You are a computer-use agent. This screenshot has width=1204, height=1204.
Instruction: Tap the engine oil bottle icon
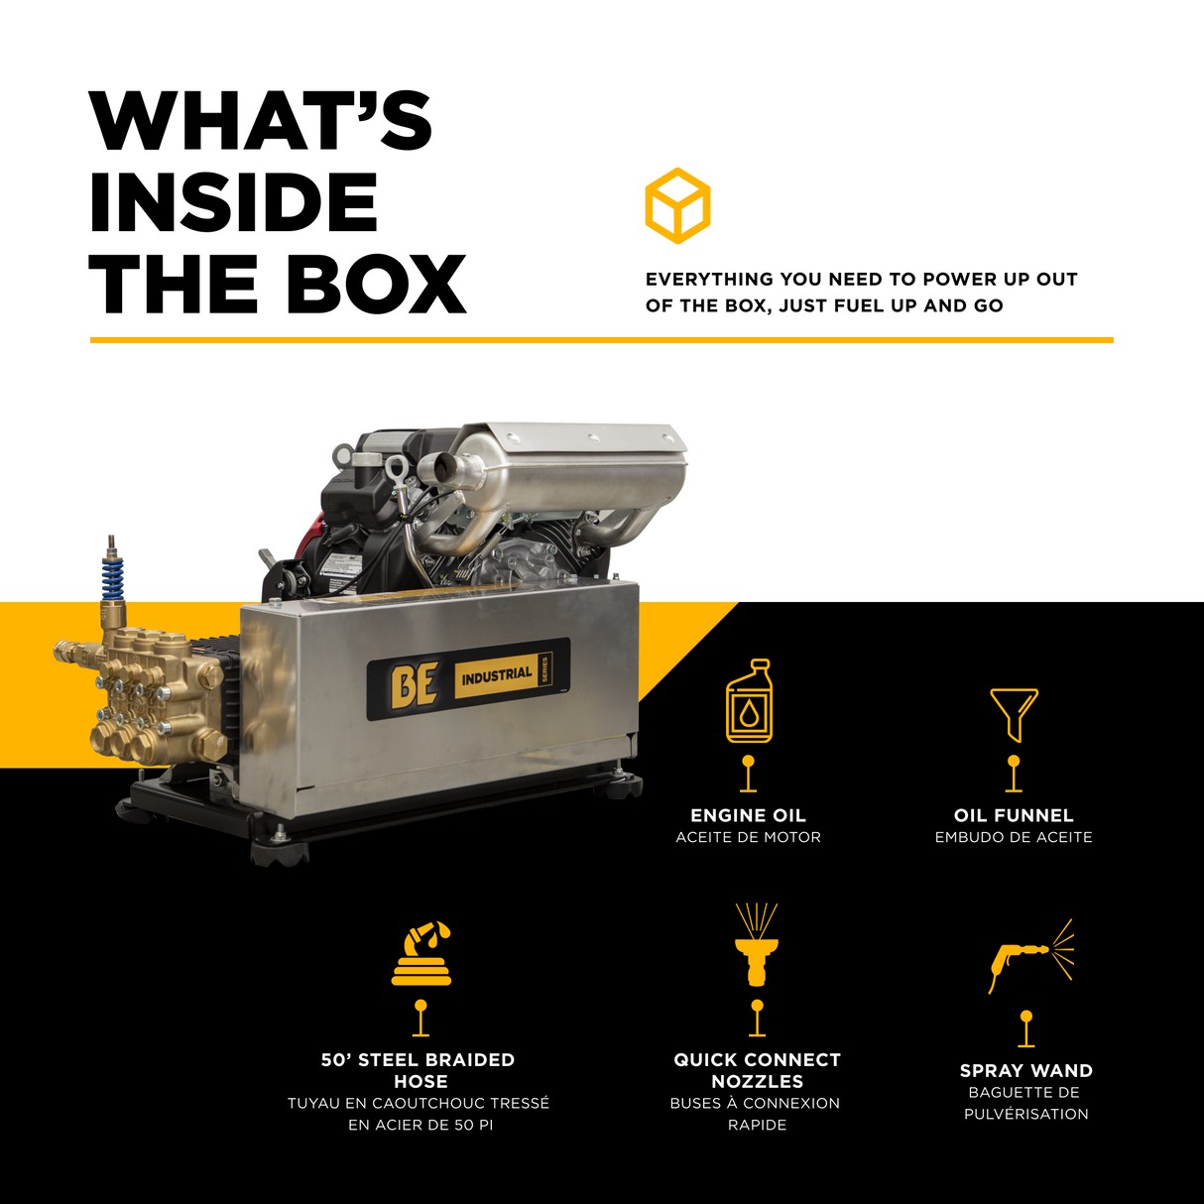[749, 701]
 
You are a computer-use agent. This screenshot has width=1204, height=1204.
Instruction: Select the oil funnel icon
[1014, 715]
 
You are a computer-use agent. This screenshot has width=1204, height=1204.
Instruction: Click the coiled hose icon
[421, 954]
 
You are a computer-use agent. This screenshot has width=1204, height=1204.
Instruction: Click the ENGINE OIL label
[748, 815]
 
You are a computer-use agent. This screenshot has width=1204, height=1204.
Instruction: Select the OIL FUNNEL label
[1014, 815]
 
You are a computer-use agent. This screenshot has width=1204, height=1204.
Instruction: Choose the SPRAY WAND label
[1025, 1070]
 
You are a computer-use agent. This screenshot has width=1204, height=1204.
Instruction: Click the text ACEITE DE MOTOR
[748, 837]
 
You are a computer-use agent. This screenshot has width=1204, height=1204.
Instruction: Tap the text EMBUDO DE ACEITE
[1014, 837]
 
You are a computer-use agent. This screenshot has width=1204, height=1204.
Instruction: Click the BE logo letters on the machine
[414, 685]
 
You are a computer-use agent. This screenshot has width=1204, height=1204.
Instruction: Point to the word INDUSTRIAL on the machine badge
[497, 674]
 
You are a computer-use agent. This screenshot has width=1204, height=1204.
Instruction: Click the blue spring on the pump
[113, 578]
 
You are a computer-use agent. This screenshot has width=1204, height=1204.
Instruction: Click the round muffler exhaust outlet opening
[444, 466]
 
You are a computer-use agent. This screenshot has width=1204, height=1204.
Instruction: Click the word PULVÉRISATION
[1025, 1114]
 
